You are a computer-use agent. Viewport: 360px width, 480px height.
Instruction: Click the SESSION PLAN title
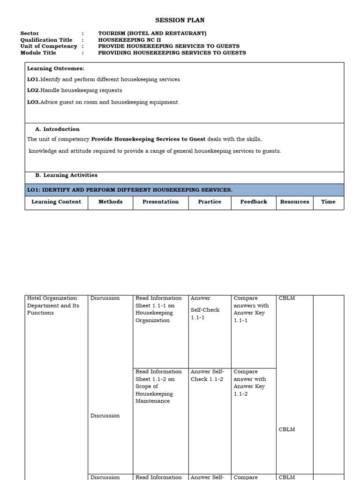coord(180,20)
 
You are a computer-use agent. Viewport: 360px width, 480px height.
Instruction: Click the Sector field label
coord(30,33)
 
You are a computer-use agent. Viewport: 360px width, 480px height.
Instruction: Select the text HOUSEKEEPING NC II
coord(129,40)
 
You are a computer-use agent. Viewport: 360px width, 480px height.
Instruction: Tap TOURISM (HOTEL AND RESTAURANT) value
coord(152,33)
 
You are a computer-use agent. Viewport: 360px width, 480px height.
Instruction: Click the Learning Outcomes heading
coord(55,68)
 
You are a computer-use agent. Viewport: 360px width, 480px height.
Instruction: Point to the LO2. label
coord(33,90)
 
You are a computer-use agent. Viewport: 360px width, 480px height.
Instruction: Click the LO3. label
coord(33,102)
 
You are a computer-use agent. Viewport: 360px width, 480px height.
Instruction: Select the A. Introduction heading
coord(57,129)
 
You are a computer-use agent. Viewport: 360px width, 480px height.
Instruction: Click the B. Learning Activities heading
coord(66,175)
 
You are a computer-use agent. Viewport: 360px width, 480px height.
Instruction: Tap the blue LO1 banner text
coord(130,190)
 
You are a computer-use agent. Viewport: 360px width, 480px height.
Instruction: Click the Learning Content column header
coord(56,202)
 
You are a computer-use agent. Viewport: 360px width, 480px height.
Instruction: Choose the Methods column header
coord(110,202)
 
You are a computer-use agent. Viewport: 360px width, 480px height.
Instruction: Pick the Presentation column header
coord(160,202)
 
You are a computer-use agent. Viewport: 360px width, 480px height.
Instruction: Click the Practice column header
coord(210,202)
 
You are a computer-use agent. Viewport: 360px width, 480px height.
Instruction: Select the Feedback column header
coord(254,202)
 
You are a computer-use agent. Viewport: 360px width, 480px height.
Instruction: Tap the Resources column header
coord(294,202)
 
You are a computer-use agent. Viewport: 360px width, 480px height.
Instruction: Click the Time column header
coord(328,202)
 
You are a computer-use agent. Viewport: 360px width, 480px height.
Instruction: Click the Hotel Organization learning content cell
coord(53,305)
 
